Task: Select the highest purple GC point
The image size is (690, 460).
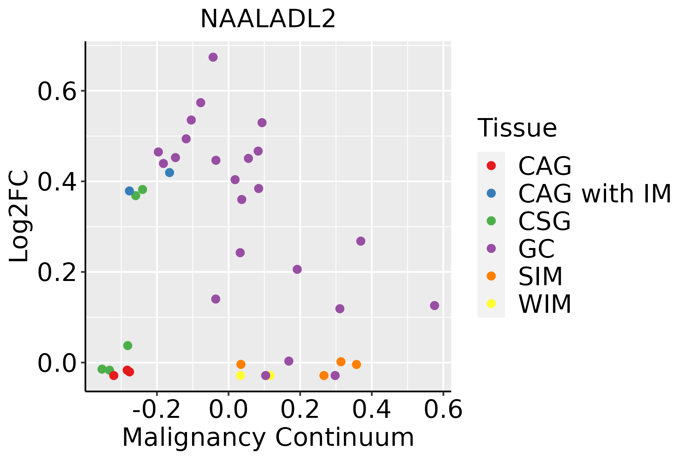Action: (x=213, y=57)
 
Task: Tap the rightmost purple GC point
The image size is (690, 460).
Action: (x=434, y=306)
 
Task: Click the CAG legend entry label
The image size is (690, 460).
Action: (x=544, y=166)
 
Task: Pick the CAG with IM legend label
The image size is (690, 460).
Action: (x=594, y=194)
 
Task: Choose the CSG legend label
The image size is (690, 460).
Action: (x=544, y=221)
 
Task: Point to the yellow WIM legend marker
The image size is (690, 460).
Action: (x=491, y=304)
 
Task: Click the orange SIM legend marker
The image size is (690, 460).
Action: (x=491, y=276)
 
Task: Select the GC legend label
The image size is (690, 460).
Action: (x=536, y=249)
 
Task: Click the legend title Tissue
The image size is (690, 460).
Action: (x=517, y=128)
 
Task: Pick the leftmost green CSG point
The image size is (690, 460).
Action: (x=102, y=369)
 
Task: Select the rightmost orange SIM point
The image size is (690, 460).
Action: (x=356, y=364)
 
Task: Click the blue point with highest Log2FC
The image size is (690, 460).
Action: (x=169, y=172)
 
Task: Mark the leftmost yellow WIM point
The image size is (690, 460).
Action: (x=240, y=375)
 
